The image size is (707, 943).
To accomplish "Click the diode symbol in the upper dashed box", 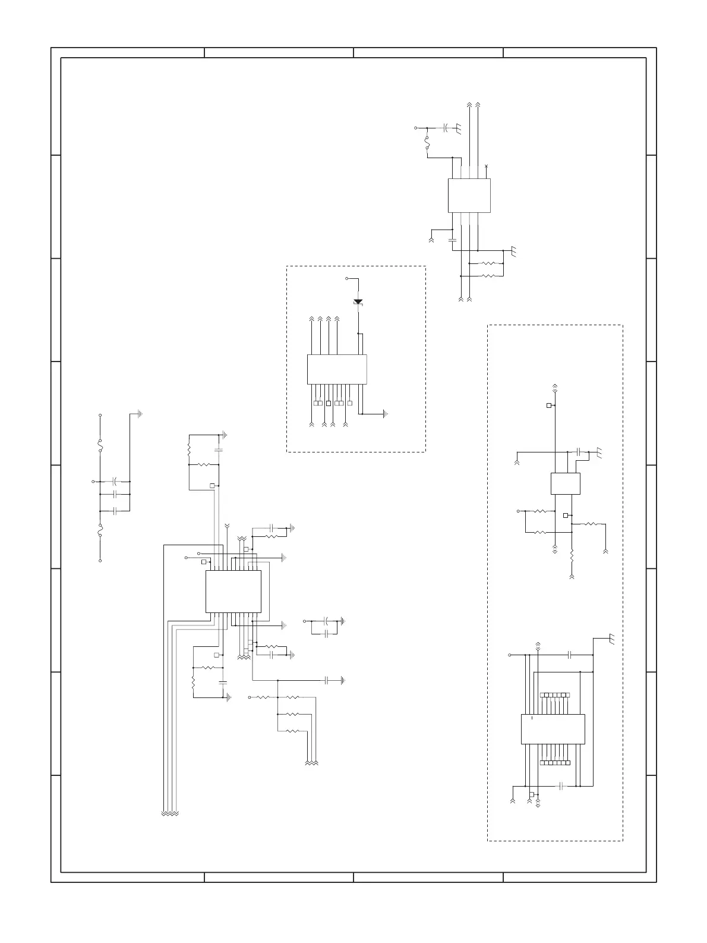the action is [358, 302].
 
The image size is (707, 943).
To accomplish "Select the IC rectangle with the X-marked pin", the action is [469, 195].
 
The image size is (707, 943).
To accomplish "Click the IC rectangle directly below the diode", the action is [336, 369].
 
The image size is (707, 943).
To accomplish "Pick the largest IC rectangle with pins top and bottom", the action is [233, 592].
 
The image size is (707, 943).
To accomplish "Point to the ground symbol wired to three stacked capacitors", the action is [140, 414].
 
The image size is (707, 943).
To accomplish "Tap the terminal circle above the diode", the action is [346, 278].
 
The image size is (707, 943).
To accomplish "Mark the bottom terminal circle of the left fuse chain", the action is [100, 561].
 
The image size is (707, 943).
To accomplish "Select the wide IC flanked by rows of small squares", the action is [553, 729].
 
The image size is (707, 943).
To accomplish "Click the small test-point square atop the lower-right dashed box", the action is [549, 406].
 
